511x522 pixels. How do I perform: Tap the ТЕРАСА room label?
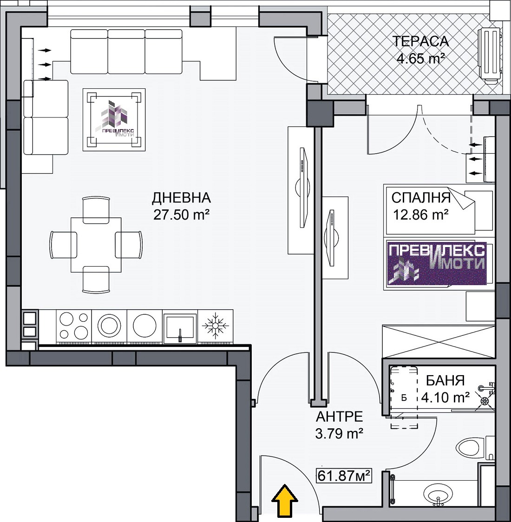pos(421,41)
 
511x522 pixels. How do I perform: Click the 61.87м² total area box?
pos(344,476)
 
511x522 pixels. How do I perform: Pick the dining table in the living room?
pos(96,245)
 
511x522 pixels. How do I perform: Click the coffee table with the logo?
pos(114,120)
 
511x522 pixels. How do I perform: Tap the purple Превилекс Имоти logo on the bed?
pos(437,263)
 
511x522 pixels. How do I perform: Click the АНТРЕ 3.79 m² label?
pos(339,425)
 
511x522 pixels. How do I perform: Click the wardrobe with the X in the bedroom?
pos(438,342)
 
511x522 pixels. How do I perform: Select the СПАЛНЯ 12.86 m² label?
pos(421,206)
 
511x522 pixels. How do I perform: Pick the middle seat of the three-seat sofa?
pos(126,51)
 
